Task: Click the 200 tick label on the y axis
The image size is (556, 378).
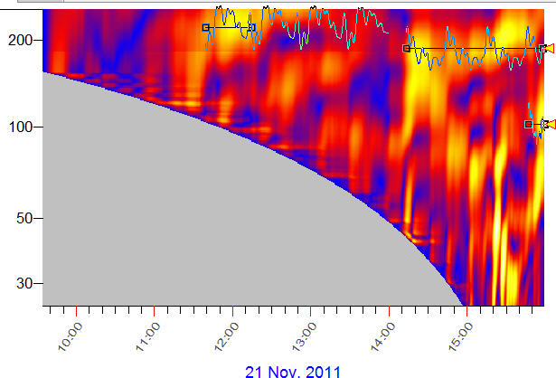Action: [21, 41]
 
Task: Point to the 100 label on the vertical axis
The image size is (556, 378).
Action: [21, 127]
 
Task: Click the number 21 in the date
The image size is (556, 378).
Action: [255, 370]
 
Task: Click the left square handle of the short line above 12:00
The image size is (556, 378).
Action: [206, 28]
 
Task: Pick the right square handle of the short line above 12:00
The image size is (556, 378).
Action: [252, 28]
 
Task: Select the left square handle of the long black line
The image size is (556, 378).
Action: [406, 49]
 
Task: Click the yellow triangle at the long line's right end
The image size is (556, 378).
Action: [549, 49]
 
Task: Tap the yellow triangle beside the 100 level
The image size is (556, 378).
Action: [549, 124]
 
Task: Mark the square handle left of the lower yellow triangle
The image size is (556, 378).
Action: [528, 124]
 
